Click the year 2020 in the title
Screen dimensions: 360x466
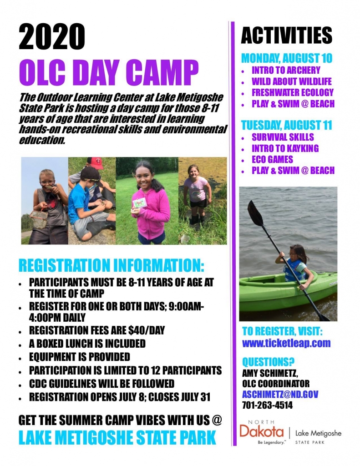coord(52,37)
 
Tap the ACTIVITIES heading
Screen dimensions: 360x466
coord(286,35)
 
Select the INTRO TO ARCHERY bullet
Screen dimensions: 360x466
coord(286,70)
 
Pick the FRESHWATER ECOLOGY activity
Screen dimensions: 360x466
coord(293,92)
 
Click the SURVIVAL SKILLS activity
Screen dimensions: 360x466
coord(283,137)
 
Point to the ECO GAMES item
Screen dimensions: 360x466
coord(272,159)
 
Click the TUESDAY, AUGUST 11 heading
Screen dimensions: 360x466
coord(286,125)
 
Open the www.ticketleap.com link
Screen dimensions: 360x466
coord(286,343)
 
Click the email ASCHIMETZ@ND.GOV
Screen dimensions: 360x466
coord(280,394)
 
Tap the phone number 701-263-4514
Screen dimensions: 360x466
coord(267,405)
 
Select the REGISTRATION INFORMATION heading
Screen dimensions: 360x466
coord(111,265)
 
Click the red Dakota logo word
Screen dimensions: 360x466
coord(262,431)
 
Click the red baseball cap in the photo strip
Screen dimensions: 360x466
coord(95,163)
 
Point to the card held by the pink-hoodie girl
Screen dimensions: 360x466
coord(139,203)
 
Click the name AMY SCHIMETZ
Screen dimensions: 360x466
coord(270,373)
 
